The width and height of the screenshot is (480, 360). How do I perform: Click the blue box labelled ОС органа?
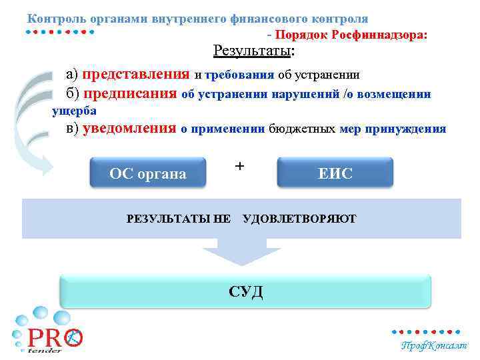[147, 174]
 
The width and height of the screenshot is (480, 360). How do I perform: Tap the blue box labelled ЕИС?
[335, 174]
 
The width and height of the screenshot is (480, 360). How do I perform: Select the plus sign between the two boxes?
[240, 165]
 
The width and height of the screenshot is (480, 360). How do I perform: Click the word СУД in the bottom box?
[246, 291]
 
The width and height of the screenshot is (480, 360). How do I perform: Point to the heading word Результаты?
[252, 51]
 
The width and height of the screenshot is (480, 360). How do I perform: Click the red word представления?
[137, 74]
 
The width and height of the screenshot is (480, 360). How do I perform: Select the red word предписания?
[130, 94]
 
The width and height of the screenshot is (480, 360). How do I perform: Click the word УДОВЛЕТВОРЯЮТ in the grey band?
[300, 219]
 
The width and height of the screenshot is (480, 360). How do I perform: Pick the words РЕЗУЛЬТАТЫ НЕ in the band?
[178, 219]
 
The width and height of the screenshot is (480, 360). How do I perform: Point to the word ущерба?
[75, 111]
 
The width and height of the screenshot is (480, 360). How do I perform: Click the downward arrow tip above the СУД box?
[241, 263]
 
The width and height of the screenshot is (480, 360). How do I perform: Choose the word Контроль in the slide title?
[54, 19]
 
